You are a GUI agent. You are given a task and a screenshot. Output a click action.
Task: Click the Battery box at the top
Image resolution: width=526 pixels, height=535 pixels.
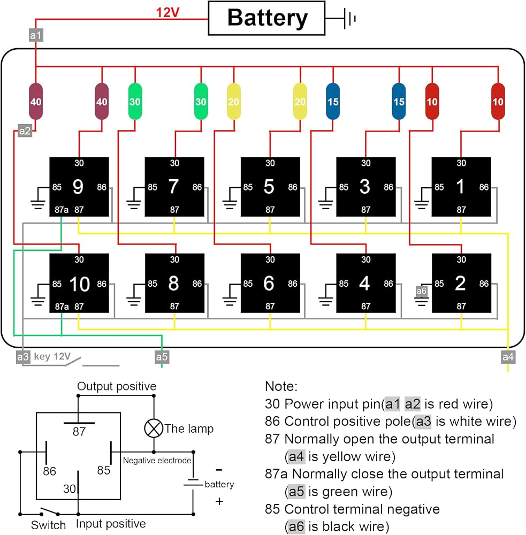[x=266, y=18]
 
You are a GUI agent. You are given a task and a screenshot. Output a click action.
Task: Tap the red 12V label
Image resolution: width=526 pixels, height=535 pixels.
[x=167, y=13]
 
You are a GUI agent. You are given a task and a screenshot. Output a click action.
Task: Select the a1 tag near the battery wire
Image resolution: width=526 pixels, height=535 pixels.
[x=36, y=35]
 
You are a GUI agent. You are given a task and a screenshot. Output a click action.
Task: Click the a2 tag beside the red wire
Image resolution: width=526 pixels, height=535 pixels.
[x=25, y=131]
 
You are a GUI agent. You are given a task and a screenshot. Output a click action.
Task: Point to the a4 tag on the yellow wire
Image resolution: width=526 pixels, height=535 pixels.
[x=508, y=357]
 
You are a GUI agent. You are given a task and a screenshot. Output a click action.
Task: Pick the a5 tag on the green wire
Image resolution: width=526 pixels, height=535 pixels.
[x=162, y=357]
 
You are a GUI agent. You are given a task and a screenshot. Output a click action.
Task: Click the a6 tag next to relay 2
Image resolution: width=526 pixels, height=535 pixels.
[x=421, y=291]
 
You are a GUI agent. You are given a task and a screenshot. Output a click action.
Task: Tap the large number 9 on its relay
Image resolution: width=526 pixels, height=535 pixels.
[x=78, y=187]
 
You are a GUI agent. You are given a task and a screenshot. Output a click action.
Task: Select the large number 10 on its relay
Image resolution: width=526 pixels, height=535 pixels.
[x=80, y=284]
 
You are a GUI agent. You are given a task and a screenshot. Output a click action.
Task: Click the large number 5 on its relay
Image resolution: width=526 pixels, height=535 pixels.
[x=269, y=187]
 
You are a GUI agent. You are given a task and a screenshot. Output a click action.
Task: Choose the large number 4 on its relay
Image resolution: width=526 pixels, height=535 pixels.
[x=364, y=283]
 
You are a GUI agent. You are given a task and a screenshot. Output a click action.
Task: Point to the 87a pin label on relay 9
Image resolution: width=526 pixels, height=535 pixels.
[x=62, y=210]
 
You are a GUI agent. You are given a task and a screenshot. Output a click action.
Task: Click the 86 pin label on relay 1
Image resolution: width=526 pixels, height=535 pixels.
[x=484, y=187]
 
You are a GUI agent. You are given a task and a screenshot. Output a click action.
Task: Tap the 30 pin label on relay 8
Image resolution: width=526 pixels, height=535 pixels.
[x=174, y=259]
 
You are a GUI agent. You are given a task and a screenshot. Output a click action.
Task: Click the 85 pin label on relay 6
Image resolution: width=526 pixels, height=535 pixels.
[x=248, y=284]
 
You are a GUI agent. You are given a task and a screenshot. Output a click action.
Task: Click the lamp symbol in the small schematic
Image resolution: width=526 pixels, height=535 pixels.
[x=154, y=428]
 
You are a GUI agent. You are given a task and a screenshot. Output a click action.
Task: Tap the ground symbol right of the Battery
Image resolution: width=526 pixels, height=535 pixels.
[x=349, y=18]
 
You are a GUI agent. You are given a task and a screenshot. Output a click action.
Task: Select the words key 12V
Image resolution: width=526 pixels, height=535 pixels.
[x=52, y=356]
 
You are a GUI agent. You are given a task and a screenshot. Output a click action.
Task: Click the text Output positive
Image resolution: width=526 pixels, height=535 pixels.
[x=117, y=386]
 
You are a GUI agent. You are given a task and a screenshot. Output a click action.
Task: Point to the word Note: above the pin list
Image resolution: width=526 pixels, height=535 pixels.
[x=281, y=386]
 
